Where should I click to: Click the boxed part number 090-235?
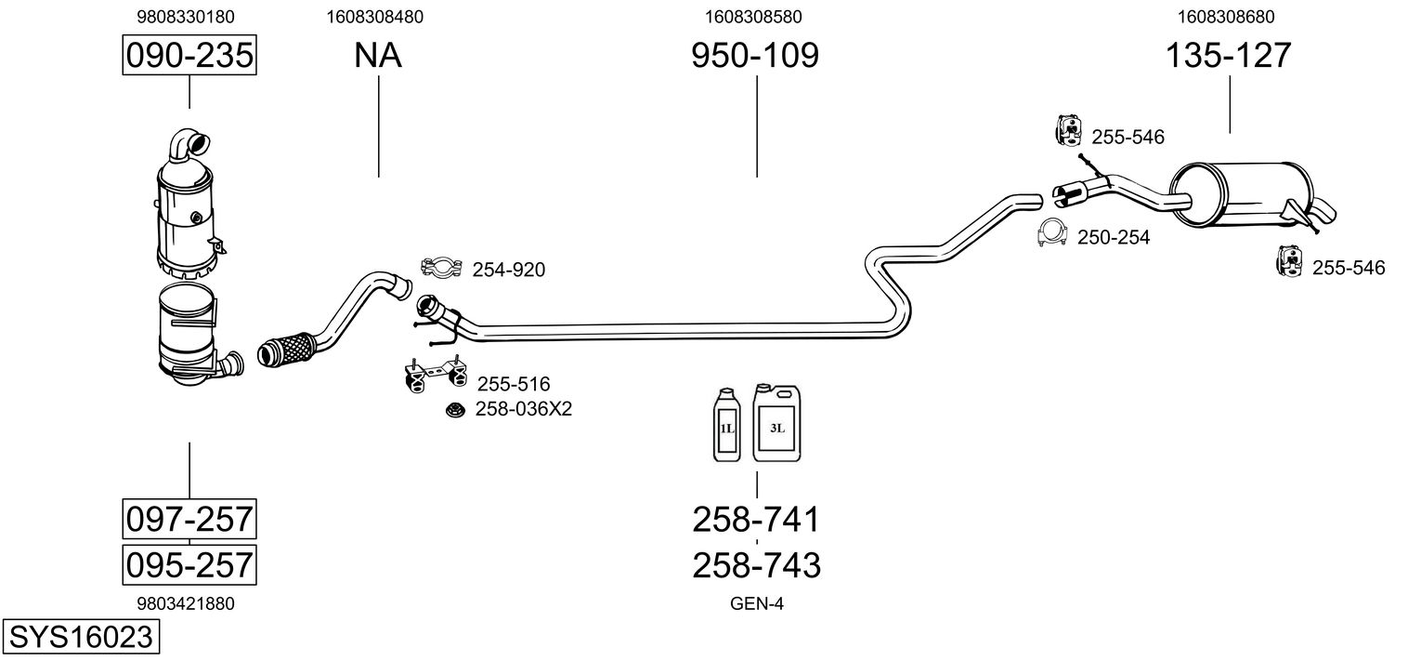tap(189, 55)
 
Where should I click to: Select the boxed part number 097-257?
tap(189, 520)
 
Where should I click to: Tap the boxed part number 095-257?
tap(189, 565)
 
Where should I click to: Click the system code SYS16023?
tap(81, 637)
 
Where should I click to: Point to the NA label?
tap(378, 55)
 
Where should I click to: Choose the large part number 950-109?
tap(755, 55)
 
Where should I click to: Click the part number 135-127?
tap(1229, 55)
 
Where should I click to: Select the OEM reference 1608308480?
tap(375, 17)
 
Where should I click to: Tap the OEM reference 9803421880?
tap(186, 603)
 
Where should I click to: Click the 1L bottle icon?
tap(727, 424)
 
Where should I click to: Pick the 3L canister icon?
tap(777, 422)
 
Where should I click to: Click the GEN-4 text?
tap(757, 603)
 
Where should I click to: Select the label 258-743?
tap(757, 565)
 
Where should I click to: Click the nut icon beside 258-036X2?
tap(454, 410)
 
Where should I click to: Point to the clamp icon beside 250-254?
tap(1052, 233)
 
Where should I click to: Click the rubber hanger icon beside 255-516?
tap(436, 375)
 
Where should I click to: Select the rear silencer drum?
tap(1239, 194)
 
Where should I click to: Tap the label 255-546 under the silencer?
tap(1349, 268)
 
